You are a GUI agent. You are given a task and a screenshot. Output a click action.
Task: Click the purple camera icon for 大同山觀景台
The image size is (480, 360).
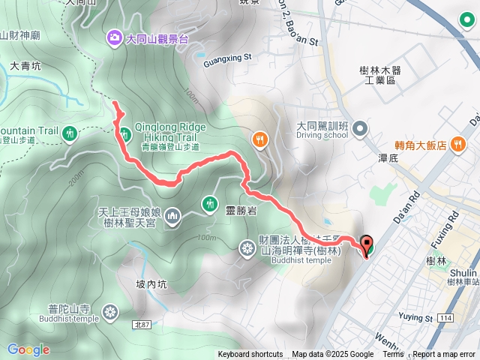click(x=115, y=36)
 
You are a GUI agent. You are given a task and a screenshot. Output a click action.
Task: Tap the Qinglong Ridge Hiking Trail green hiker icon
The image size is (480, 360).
click(x=124, y=133)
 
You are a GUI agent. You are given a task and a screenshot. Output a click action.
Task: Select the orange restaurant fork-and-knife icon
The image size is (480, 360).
click(x=259, y=139)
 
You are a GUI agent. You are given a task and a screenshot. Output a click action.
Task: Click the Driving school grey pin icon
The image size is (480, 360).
click(x=361, y=129)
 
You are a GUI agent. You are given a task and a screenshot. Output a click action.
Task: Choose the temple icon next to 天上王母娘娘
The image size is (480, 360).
click(x=172, y=217)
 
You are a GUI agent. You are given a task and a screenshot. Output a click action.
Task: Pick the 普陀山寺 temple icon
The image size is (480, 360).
click(x=111, y=311)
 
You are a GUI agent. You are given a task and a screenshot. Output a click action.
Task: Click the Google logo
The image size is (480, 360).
click(x=28, y=349)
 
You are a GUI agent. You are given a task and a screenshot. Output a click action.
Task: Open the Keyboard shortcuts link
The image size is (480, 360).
click(x=250, y=355)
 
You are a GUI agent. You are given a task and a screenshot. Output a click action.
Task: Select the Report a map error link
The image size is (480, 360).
click(x=445, y=355)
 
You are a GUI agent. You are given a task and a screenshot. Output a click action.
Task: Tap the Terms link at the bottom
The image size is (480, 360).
click(x=393, y=355)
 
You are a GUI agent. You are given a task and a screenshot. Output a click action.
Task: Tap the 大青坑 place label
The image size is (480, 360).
click(x=26, y=66)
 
